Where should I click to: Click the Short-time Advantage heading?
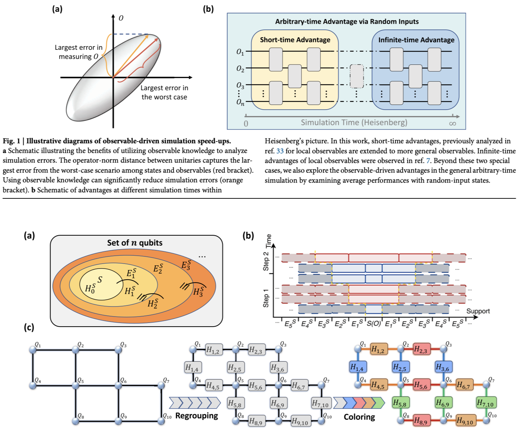[295, 40]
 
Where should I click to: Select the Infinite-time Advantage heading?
[416, 40]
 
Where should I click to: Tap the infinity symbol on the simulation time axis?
[453, 124]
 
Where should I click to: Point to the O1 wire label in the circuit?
[240, 52]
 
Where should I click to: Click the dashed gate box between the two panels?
[356, 76]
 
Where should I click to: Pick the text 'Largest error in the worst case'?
[164, 92]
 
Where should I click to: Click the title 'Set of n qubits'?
[135, 243]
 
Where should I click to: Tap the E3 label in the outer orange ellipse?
[186, 265]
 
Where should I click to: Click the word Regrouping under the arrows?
[197, 416]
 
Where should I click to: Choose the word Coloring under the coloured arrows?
[359, 417]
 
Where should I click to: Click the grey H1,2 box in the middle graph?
[214, 350]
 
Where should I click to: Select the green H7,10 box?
[485, 403]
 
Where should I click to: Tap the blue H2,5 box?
[400, 367]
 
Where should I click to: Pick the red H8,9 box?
[421, 421]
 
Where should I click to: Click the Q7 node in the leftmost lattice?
[161, 385]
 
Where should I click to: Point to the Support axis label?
[478, 311]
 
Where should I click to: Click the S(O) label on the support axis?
[374, 324]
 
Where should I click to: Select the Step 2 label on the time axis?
[266, 261]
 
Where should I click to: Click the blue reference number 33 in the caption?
[280, 151]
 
